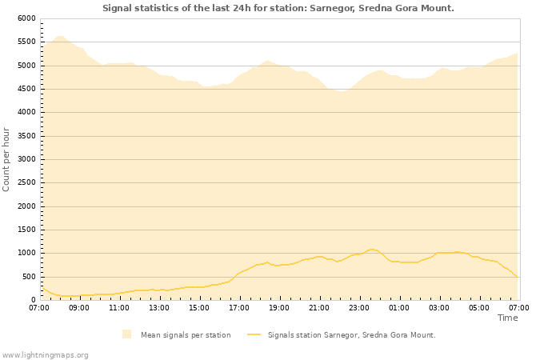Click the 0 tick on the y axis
pos(33,301)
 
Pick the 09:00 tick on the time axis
pos(79,307)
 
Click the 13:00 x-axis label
pos(159,307)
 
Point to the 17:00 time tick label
pos(239,307)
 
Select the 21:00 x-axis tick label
pos(319,307)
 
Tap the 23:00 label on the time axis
pos(359,307)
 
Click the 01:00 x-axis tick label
pos(399,307)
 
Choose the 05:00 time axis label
pos(479,307)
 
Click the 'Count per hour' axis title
pos(7,158)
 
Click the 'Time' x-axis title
pos(507,318)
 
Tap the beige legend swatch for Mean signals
pos(126,334)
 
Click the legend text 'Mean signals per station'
pos(186,335)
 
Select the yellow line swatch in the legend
pos(254,335)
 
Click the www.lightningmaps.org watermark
pos(45,354)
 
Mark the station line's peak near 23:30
pos(371,250)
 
